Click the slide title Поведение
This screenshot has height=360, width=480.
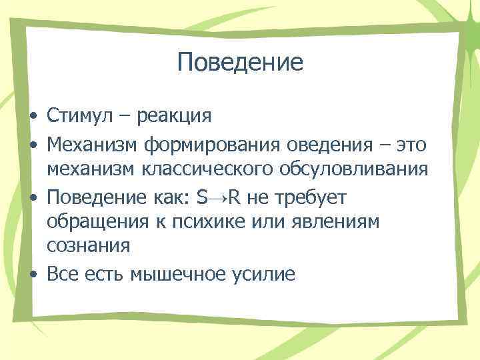pyautogui.click(x=240, y=63)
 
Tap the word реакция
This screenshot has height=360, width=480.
pyautogui.click(x=175, y=117)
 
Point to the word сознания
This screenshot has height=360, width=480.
pyautogui.click(x=88, y=247)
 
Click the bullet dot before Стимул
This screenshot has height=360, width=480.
pyautogui.click(x=33, y=117)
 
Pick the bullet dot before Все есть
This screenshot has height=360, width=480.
pyautogui.click(x=33, y=274)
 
